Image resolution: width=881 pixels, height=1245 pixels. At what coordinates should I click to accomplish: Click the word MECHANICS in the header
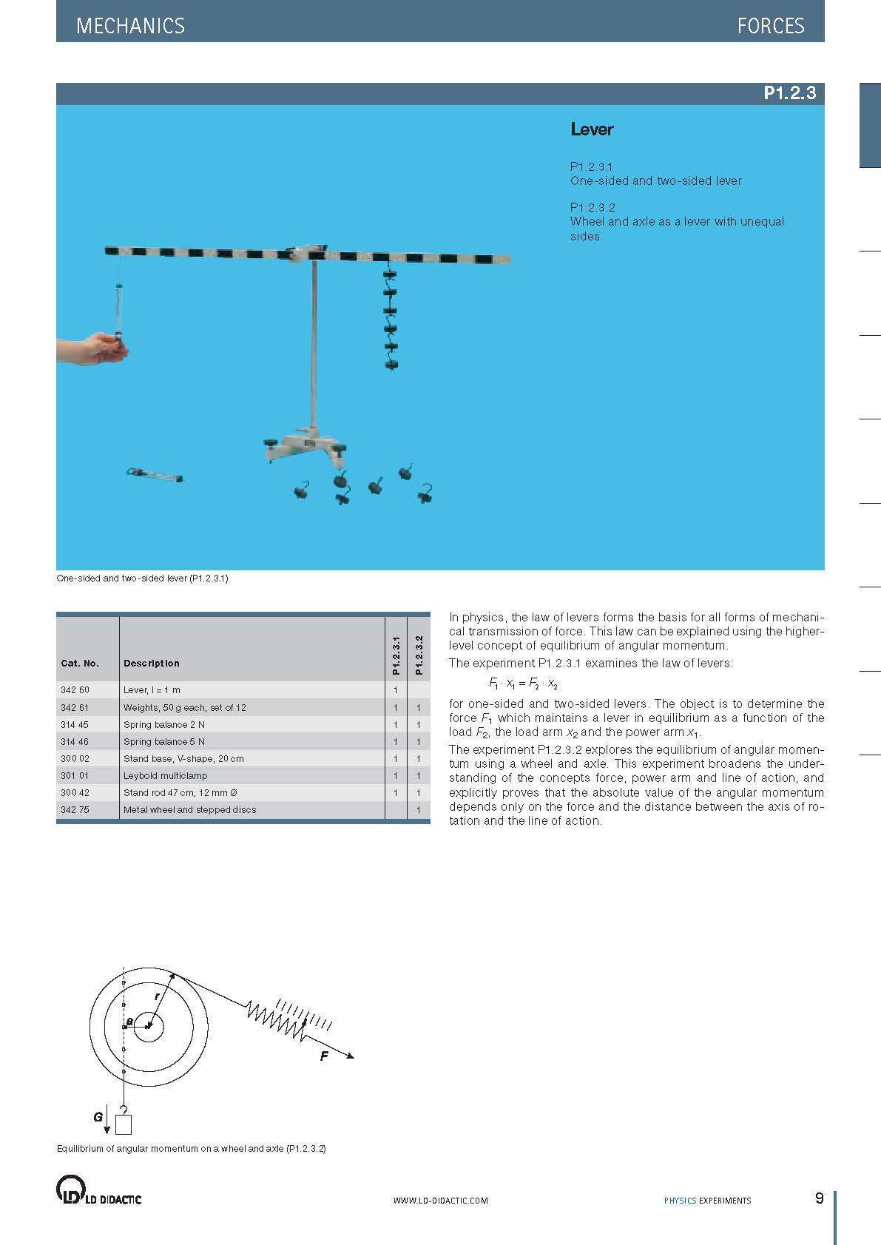click(130, 26)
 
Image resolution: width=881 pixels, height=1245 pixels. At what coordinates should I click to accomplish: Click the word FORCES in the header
click(770, 26)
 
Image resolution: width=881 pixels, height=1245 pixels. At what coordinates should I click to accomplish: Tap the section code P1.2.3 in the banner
click(789, 93)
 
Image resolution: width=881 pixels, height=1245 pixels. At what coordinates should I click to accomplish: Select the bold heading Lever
click(592, 129)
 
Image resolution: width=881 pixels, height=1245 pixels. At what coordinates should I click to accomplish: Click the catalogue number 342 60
click(75, 690)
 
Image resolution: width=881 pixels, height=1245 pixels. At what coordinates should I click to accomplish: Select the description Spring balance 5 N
click(164, 741)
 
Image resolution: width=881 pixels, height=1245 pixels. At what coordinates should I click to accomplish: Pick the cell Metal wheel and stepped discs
click(190, 809)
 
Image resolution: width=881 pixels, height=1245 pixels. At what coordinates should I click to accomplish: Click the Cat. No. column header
click(80, 664)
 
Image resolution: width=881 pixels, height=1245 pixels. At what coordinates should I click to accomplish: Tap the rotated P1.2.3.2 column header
click(419, 655)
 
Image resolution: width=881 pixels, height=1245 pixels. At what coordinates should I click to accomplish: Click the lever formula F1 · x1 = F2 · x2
click(523, 684)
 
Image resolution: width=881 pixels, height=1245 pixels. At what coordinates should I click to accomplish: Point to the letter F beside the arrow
click(324, 1056)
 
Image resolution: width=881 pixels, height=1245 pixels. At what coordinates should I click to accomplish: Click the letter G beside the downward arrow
click(98, 1116)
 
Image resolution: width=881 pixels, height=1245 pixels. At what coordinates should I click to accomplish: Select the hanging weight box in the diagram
click(124, 1124)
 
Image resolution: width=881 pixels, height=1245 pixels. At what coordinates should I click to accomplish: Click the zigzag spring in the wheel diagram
click(275, 1019)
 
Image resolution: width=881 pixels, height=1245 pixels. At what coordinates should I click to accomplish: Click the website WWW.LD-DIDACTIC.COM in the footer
click(440, 1201)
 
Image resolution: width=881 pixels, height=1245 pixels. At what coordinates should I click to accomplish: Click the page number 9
click(819, 1198)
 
